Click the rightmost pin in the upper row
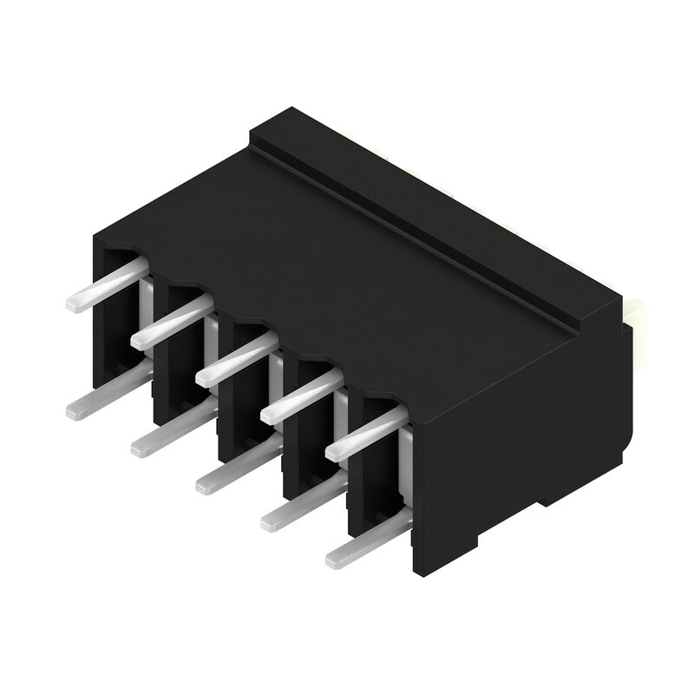[365, 435]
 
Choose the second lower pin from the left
[170, 434]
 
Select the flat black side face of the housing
[520, 434]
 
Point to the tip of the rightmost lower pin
[335, 559]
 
